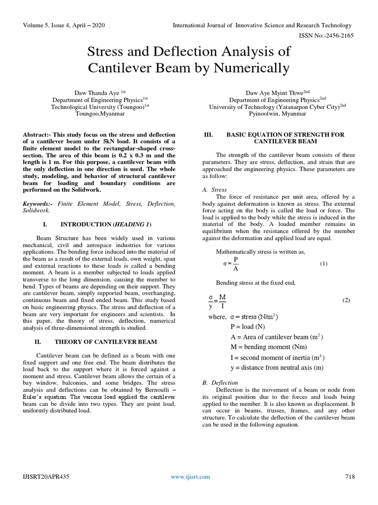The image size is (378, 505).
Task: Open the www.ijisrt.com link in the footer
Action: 190,476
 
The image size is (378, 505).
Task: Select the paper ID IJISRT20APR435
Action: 47,476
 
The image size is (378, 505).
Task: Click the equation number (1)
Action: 323,264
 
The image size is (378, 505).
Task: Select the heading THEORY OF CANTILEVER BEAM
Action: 105,341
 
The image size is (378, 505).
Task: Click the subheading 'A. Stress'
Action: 215,189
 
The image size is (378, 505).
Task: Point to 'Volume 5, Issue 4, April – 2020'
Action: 63,26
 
